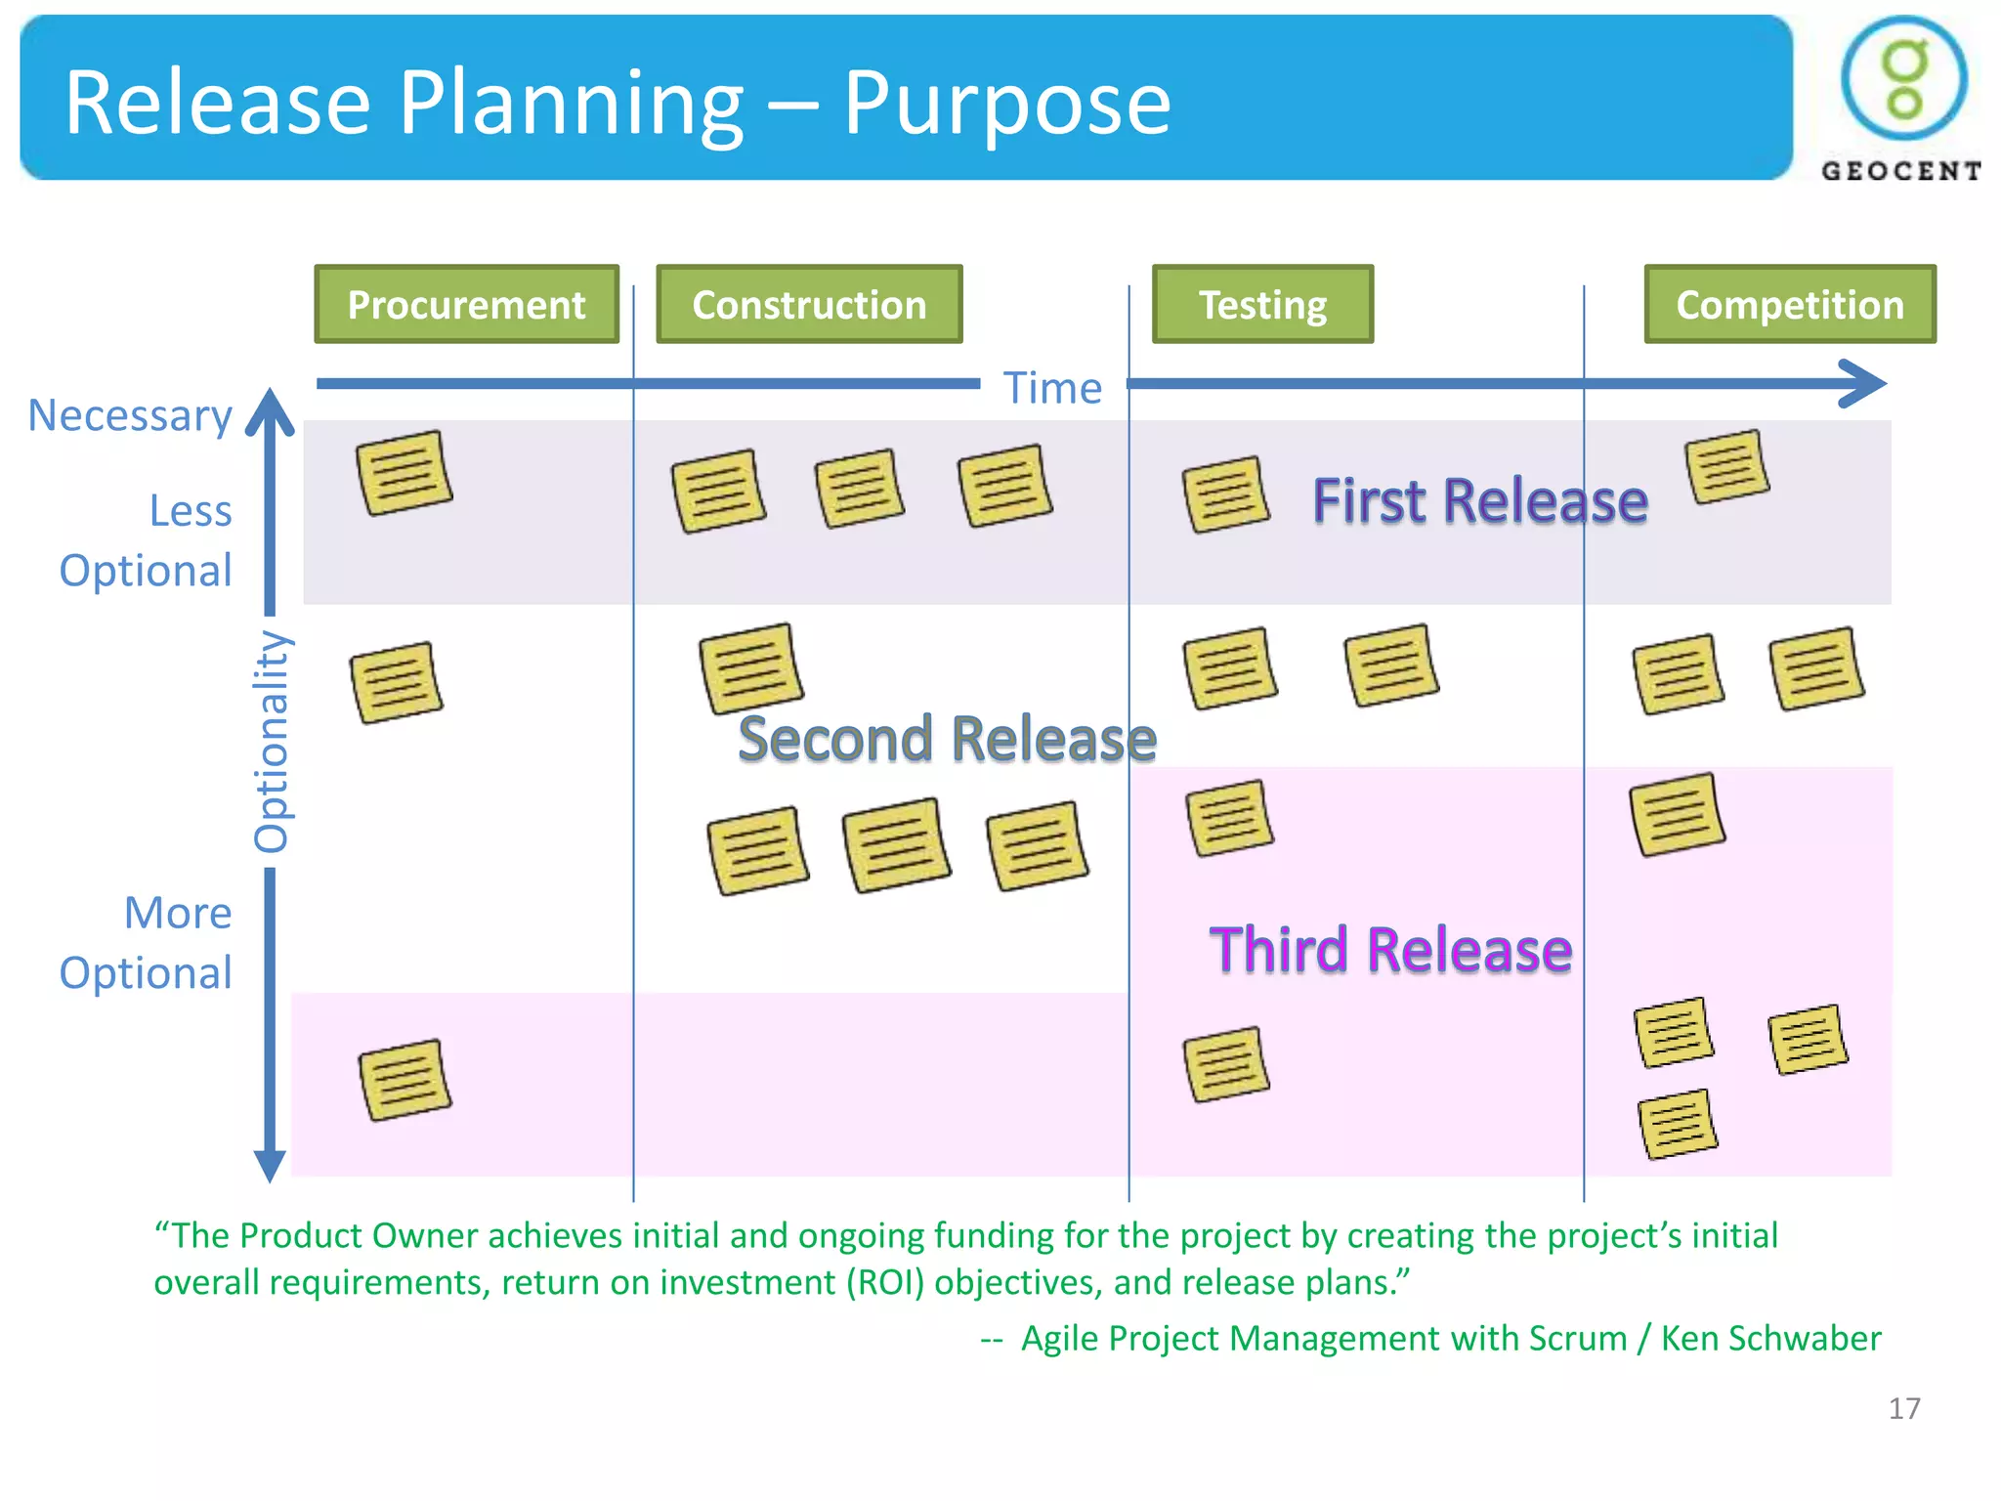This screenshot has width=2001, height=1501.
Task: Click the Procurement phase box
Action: coord(466,304)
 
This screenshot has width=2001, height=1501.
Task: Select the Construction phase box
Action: coord(809,304)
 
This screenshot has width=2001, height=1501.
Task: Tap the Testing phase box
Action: coord(1262,304)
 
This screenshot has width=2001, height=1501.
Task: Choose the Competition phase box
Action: coord(1789,304)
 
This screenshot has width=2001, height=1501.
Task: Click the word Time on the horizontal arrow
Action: coord(1052,388)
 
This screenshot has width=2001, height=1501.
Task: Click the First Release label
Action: coord(1479,500)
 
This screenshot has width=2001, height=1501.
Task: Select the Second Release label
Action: coord(947,738)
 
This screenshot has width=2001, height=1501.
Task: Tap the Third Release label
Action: coord(1390,950)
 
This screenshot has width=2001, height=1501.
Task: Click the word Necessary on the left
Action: coord(130,415)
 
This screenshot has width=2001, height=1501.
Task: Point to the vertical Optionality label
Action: coord(271,741)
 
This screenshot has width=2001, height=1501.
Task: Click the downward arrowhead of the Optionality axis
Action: coord(270,1166)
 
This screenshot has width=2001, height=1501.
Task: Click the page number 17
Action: coord(1903,1408)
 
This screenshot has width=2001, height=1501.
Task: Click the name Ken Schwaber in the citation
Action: coord(1770,1338)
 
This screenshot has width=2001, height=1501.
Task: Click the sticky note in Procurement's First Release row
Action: coord(404,473)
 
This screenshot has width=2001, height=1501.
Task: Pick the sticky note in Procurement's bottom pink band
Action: coord(404,1080)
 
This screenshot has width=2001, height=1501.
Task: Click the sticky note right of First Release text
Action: coord(1726,466)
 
